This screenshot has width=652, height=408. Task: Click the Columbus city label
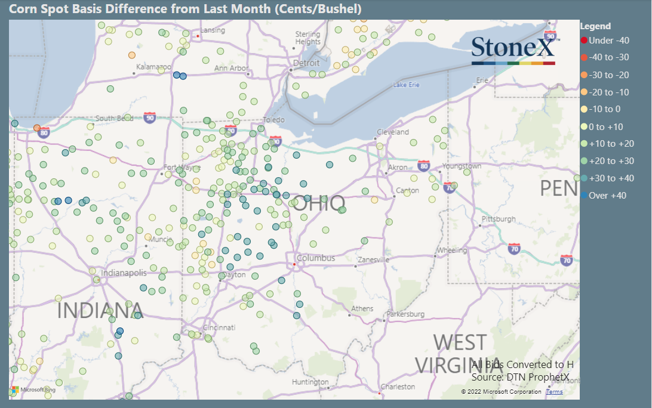[316, 258]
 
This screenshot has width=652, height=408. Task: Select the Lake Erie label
[406, 85]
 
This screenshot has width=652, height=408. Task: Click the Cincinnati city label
[219, 327]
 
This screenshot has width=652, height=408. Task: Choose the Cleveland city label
[393, 132]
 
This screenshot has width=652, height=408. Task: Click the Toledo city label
[273, 120]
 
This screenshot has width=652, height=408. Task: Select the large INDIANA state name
[100, 311]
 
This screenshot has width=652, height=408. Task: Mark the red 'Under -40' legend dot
[584, 41]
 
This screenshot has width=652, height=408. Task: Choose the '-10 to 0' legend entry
[604, 109]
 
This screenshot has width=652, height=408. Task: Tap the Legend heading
[595, 26]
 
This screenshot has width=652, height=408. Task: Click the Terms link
[554, 392]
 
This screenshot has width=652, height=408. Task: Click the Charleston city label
[398, 387]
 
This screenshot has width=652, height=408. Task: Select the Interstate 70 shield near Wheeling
[514, 248]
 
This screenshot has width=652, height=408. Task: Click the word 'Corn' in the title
[20, 9]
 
